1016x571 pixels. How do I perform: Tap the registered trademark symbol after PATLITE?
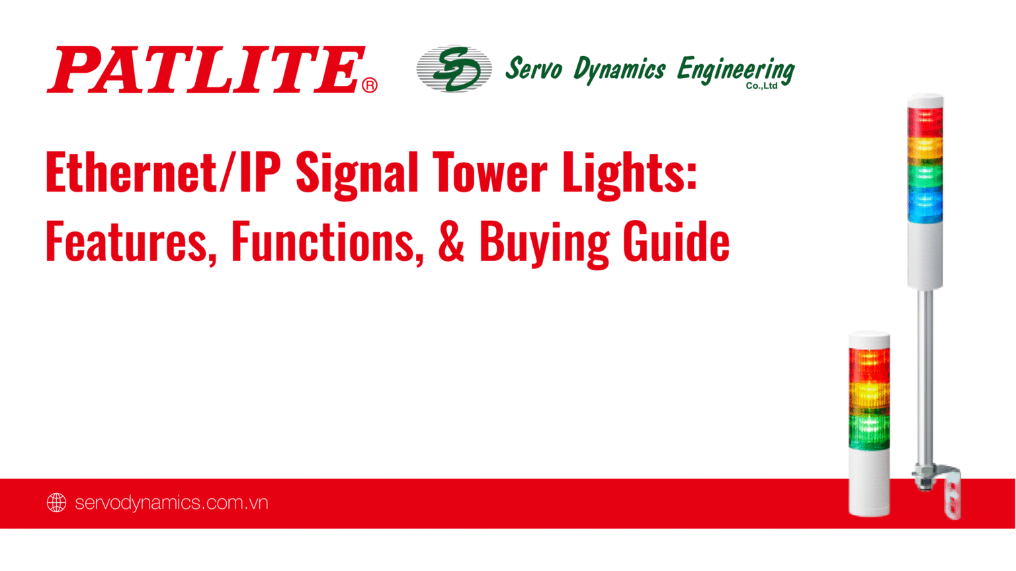coord(370,85)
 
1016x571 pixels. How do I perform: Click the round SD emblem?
coord(454,69)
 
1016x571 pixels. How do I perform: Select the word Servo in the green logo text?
coord(533,69)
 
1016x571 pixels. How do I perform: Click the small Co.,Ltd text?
coord(761,86)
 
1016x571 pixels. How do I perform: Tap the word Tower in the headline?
coord(489,172)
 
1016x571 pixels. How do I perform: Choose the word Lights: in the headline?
coord(629,174)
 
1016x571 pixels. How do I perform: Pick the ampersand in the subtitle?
coord(451,242)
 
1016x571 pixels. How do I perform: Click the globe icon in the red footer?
coord(57,503)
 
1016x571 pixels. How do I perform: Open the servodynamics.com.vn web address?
coord(171,503)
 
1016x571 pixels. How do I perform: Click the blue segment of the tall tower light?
coord(925,204)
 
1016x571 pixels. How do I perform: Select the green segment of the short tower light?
coord(869,431)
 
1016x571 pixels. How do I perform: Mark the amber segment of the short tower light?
coord(869,397)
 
